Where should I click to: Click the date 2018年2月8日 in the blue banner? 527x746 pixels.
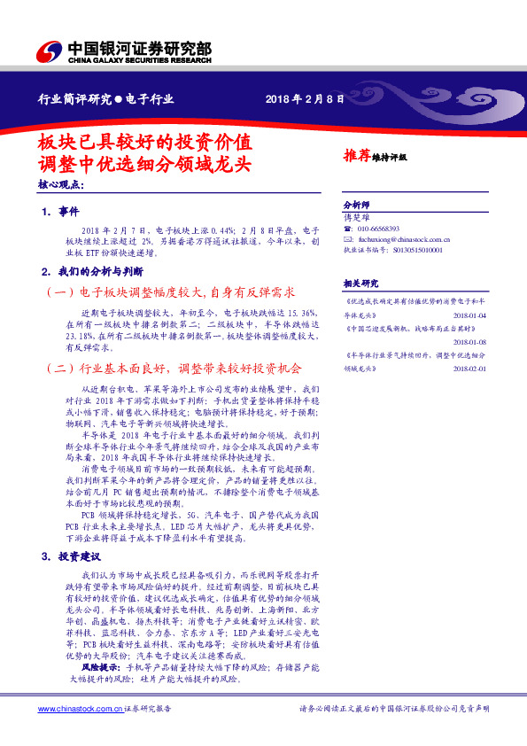click(304, 98)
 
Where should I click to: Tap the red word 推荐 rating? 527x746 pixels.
click(357, 154)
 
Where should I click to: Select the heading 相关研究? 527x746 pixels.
click(360, 283)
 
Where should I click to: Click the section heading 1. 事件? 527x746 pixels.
click(61, 212)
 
